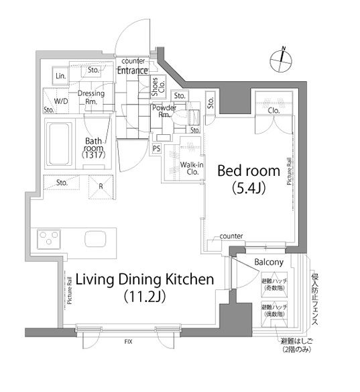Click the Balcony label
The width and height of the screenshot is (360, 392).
tap(269, 262)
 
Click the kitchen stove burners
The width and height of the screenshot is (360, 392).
tap(48, 238)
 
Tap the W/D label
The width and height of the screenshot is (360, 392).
tap(61, 101)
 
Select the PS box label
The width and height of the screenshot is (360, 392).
tap(156, 148)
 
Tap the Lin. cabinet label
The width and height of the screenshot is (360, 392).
tap(60, 75)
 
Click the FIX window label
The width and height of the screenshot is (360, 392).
tap(127, 341)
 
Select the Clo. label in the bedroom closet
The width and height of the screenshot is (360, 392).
tap(273, 111)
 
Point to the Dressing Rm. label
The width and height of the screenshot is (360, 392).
tap(91, 97)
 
